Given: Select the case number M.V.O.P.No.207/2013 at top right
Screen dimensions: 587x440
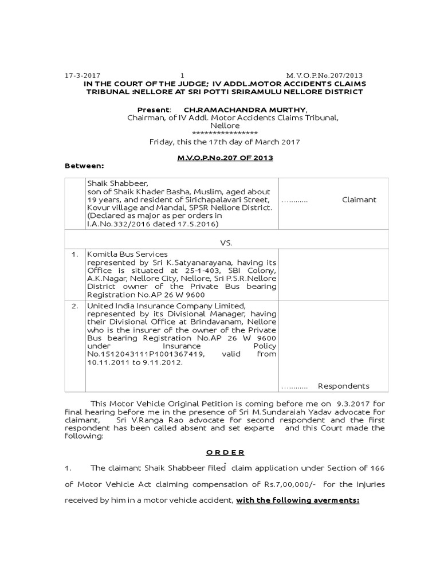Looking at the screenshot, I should point(324,76).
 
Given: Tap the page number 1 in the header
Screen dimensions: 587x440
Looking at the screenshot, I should point(182,76).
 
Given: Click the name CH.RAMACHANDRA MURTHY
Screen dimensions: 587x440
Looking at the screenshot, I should point(245,109).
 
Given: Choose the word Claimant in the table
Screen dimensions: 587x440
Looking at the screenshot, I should point(359,200).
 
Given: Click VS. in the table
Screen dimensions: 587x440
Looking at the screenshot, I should point(226,242).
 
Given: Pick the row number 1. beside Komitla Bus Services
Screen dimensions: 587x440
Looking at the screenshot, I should point(74,254).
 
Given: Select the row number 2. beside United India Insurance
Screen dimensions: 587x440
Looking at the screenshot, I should point(74,306).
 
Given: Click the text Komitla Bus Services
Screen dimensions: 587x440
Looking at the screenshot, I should point(127,254).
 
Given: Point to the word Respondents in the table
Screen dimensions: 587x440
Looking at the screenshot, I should point(344,386).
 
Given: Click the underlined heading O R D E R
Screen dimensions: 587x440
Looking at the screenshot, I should point(221,452).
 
